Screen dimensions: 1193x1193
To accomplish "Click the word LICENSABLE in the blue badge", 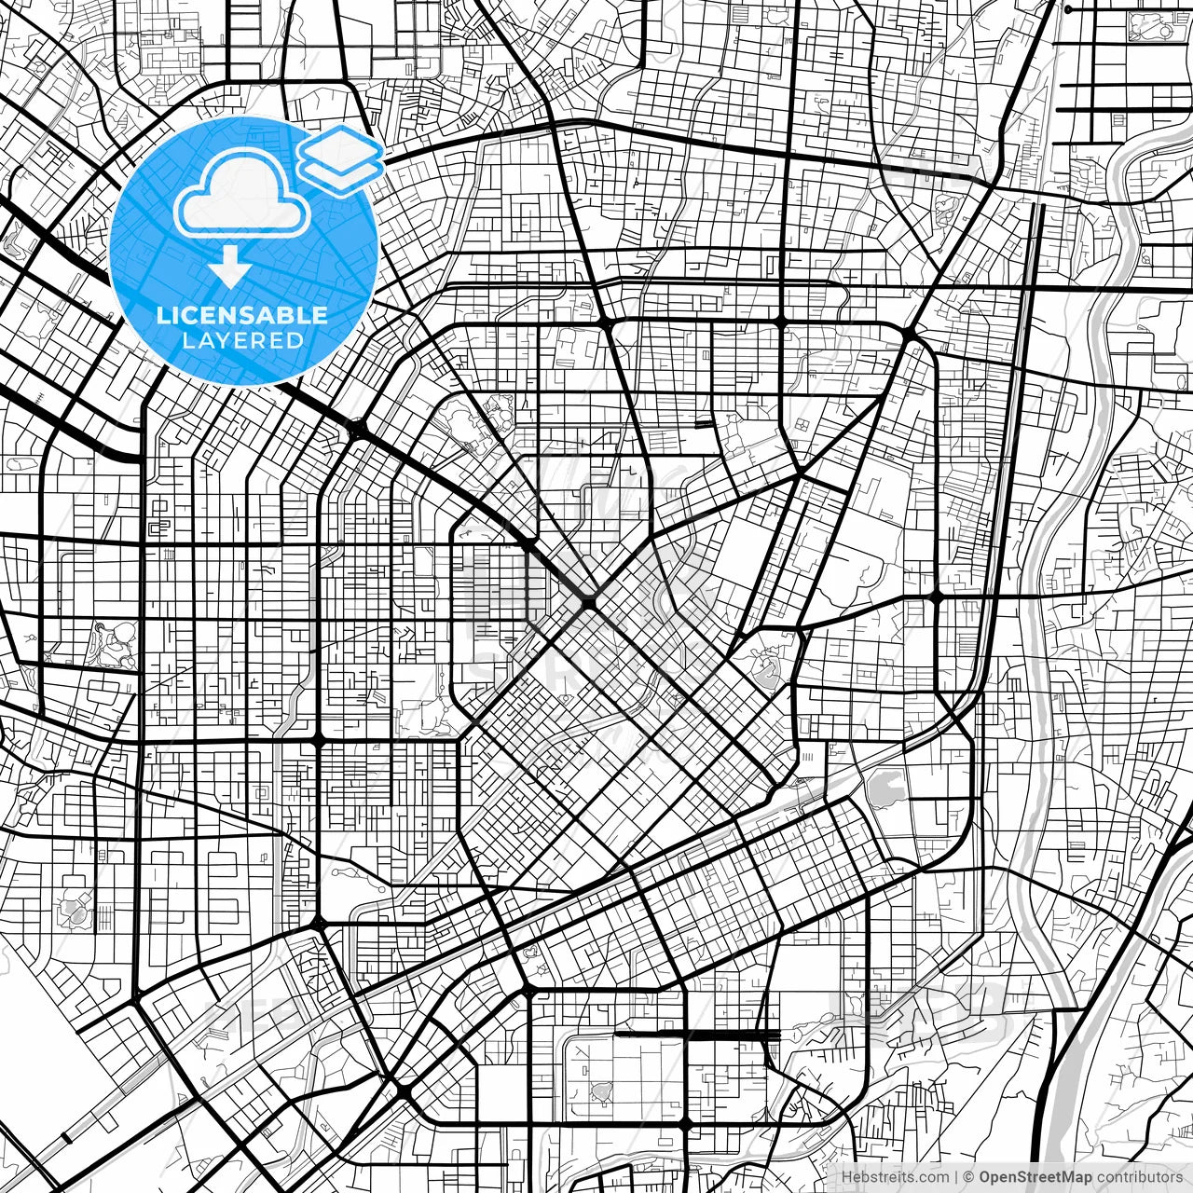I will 242,315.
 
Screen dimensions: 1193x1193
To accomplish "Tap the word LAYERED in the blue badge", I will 242,340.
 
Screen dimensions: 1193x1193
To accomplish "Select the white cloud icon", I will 242,194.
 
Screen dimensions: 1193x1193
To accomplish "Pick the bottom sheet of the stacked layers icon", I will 341,173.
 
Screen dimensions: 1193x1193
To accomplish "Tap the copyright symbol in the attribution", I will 969,1177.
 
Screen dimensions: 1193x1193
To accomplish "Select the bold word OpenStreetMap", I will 1035,1177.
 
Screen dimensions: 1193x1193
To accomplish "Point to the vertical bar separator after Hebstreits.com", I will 957,1177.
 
